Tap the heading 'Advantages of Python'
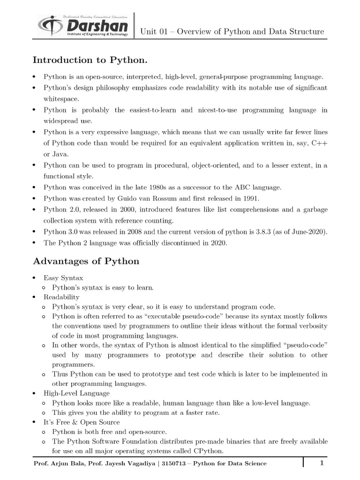86,261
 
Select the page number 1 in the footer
322,464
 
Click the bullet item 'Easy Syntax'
63,278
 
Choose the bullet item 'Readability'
61,297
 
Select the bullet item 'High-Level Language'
76,393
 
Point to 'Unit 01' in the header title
155,32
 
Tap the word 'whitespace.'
61,99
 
